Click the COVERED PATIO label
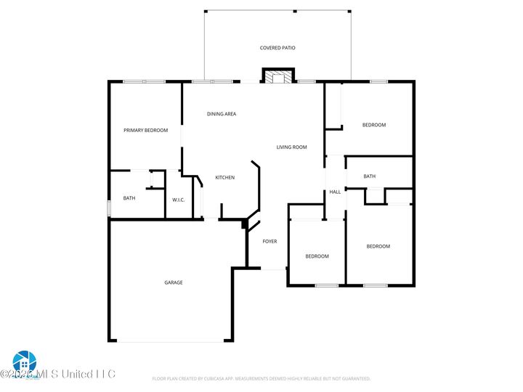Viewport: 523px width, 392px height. point(277,48)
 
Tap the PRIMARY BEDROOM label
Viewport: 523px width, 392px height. point(145,131)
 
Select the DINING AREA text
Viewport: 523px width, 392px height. point(222,114)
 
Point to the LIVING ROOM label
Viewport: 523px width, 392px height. point(291,147)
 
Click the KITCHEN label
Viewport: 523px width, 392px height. point(224,178)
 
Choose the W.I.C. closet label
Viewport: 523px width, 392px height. point(178,200)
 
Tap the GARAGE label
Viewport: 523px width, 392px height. point(173,282)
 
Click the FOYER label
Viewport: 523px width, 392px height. point(269,242)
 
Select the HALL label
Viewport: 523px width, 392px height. point(335,192)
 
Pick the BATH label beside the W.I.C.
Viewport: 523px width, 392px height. point(129,198)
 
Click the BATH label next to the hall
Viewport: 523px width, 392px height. point(369,176)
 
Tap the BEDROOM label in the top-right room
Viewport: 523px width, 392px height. point(374,125)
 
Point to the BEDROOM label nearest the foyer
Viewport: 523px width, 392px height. point(317,256)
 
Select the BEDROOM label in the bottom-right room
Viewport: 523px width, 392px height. point(378,247)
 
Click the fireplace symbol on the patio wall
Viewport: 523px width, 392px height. point(278,77)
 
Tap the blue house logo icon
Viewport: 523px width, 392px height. point(23,361)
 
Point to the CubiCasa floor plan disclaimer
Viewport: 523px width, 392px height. point(261,378)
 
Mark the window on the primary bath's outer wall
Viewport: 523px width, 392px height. point(109,208)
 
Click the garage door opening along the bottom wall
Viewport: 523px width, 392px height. point(171,340)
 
